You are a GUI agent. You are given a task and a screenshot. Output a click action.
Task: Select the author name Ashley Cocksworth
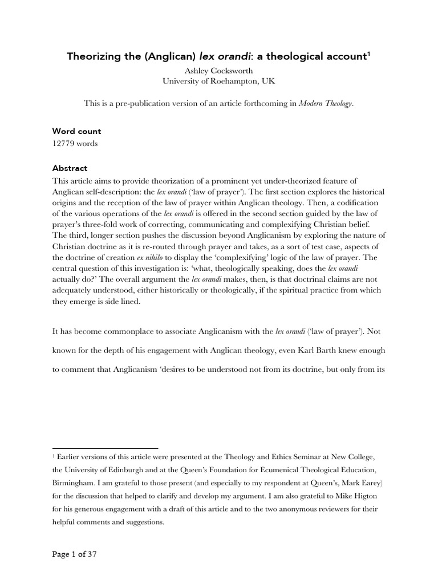click(x=218, y=71)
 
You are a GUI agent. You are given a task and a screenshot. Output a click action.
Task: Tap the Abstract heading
click(x=70, y=168)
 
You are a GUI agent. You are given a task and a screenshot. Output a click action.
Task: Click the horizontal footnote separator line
click(x=105, y=448)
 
